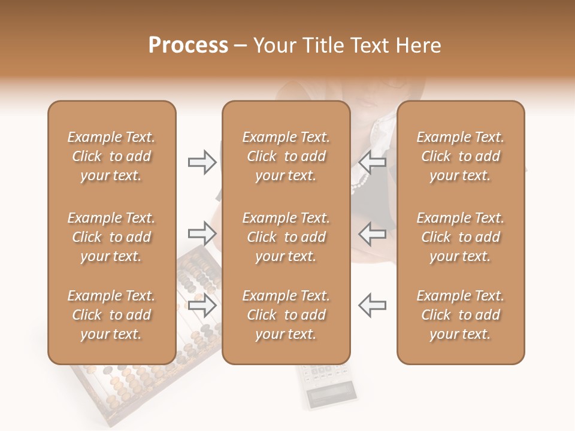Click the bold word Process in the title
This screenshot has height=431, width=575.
tap(188, 45)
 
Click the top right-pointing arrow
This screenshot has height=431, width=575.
tap(202, 162)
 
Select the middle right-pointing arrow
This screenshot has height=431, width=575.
tap(202, 233)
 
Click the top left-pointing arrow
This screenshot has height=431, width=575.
tap(373, 162)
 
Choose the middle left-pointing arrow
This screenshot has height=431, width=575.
tap(373, 233)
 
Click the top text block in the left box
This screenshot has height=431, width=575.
tap(111, 156)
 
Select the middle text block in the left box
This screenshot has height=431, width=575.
tap(111, 237)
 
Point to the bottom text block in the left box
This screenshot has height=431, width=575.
tap(111, 315)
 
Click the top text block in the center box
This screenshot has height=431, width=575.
tap(286, 156)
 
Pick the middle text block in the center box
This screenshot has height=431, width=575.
tap(286, 237)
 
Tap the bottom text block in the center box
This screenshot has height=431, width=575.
tap(286, 315)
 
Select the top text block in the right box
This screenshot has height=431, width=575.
tap(460, 156)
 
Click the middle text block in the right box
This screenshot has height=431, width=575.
tap(460, 237)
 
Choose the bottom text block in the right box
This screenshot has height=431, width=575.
tap(460, 315)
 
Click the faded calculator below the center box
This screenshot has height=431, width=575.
tap(326, 386)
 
